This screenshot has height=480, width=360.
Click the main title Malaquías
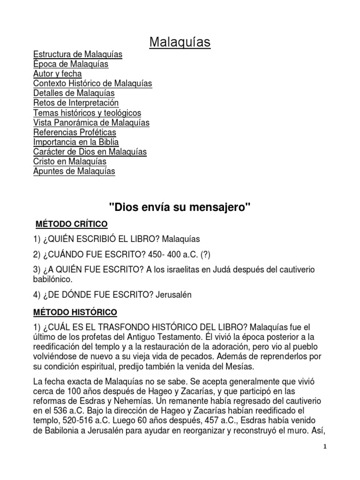[x=180, y=42]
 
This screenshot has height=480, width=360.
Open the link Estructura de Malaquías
[x=78, y=54]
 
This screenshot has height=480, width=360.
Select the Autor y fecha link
[x=57, y=74]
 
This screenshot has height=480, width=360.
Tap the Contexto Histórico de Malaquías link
[x=92, y=83]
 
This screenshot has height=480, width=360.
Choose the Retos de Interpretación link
[x=76, y=103]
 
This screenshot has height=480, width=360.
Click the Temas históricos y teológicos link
[x=87, y=112]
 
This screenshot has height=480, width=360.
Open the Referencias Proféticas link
[x=75, y=132]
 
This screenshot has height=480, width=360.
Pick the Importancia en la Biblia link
[x=76, y=142]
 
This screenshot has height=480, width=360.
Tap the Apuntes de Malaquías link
[x=74, y=171]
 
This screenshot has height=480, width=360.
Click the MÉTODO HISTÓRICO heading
[x=75, y=311]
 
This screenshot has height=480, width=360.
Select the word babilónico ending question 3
[x=53, y=279]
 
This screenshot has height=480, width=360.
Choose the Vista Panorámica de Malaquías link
[x=91, y=122]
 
